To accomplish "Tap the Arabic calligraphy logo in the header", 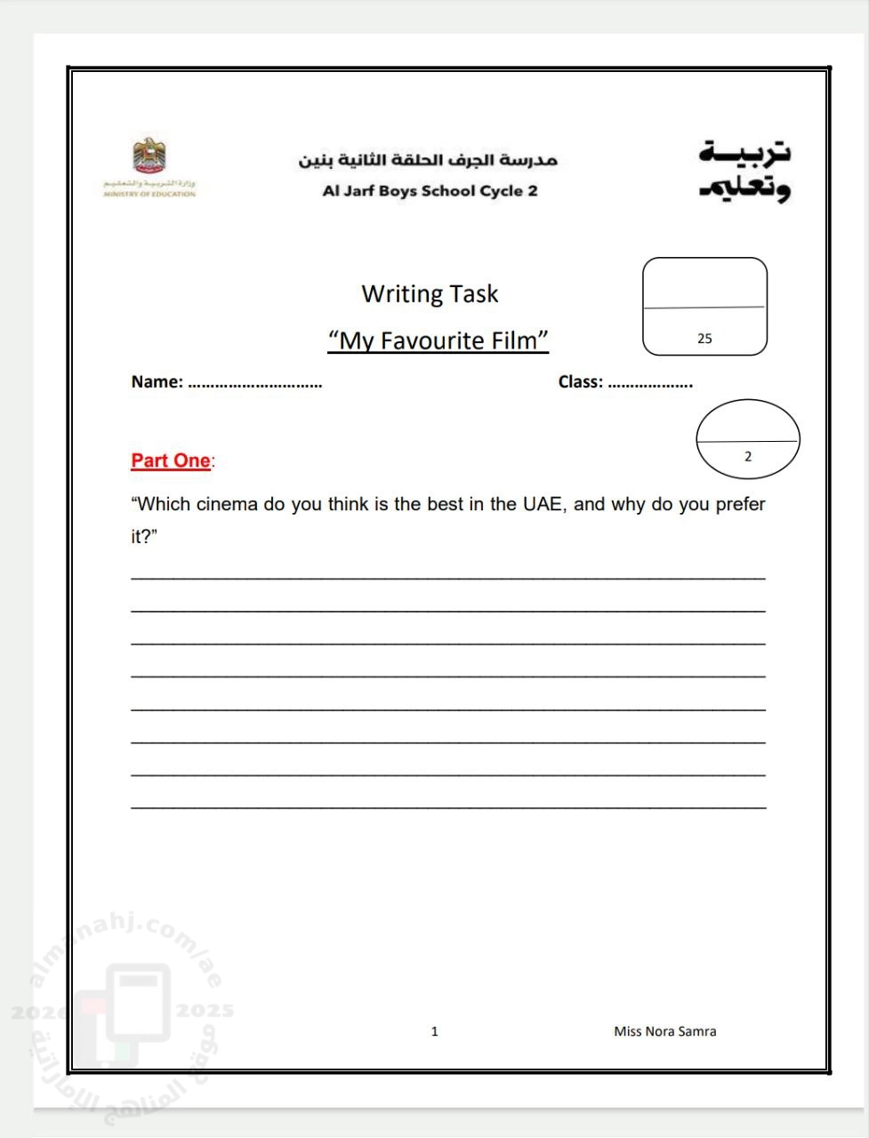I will [744, 171].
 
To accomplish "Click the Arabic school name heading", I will [427, 160].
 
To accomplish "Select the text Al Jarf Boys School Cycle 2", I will [430, 190].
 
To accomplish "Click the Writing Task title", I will [430, 293].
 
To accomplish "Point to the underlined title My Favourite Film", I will [438, 341].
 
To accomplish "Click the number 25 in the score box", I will [704, 339].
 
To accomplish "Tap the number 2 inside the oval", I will [747, 457].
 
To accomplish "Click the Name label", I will [157, 382].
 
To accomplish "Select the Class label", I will [580, 382].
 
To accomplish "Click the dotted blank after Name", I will [255, 385].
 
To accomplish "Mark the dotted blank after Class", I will [650, 385].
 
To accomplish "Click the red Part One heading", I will [171, 461].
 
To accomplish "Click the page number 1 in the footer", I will [434, 1031].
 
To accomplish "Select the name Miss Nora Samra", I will [664, 1031].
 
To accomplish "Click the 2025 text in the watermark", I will [205, 1010].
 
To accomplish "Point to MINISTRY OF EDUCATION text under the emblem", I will [149, 193].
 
